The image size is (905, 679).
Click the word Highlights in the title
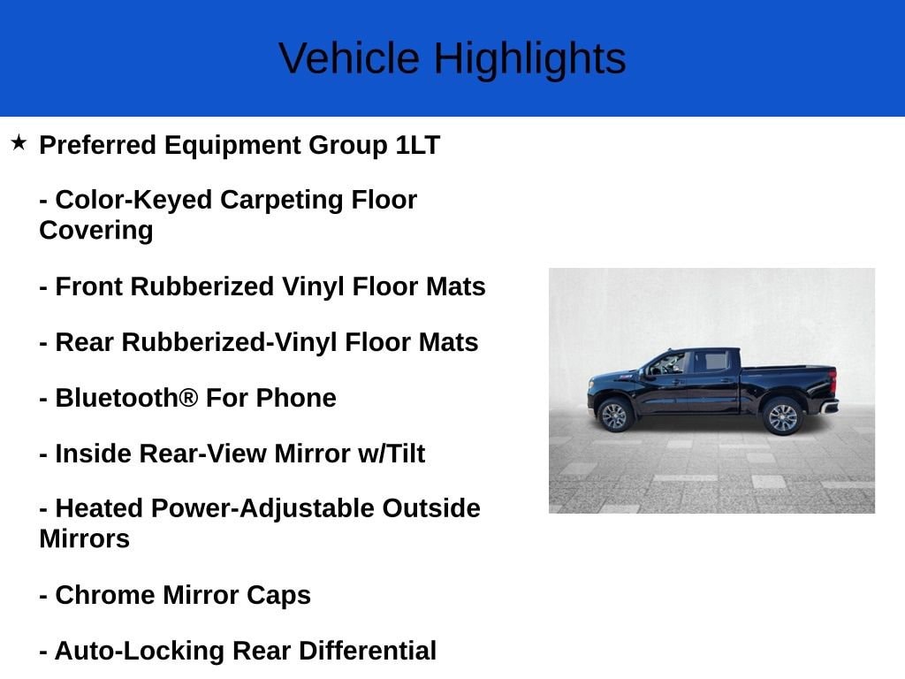pos(529,58)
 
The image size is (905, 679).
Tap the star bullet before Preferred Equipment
pos(19,142)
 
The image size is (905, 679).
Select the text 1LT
pos(417,145)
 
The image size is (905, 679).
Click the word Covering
pos(95,230)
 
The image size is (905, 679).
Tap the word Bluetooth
pos(117,398)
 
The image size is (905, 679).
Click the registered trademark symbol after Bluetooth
pos(188,398)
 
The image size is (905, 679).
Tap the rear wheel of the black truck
pos(782,416)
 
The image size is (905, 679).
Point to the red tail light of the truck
pos(833,382)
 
